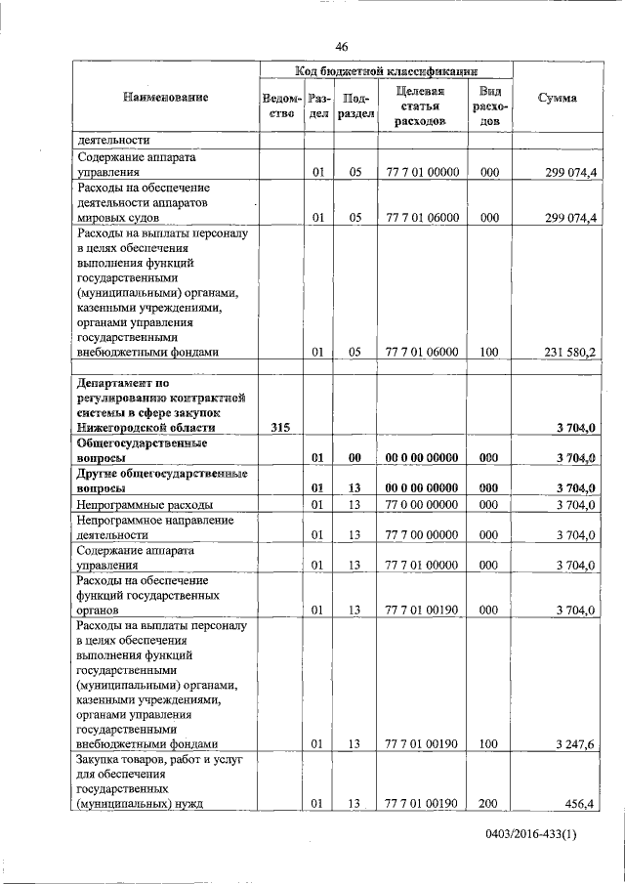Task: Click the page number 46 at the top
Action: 342,46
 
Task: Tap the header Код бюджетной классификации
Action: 386,70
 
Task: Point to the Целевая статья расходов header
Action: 422,105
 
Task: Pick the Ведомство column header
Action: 281,105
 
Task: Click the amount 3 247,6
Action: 575,744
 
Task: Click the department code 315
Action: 280,428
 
